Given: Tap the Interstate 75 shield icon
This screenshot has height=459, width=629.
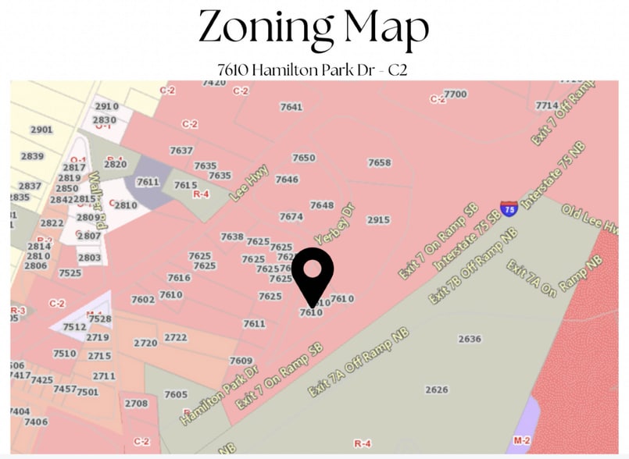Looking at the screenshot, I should point(509,208).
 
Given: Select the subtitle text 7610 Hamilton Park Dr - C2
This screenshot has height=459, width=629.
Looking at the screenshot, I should point(313,69).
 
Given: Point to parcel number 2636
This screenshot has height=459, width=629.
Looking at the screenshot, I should point(470,339).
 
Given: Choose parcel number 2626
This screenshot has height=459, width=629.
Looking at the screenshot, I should point(437,390).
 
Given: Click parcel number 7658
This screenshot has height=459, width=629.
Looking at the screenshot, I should point(379,162).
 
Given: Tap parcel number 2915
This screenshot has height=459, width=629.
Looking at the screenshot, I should point(377,220).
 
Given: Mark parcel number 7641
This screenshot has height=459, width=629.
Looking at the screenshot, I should point(291,107).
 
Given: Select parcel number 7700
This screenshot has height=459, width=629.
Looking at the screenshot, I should point(455,94).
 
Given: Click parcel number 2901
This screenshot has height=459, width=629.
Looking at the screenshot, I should point(41,130).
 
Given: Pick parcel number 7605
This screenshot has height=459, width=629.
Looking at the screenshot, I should point(176,394).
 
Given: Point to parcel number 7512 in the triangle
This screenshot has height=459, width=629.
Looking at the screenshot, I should point(74,327).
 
